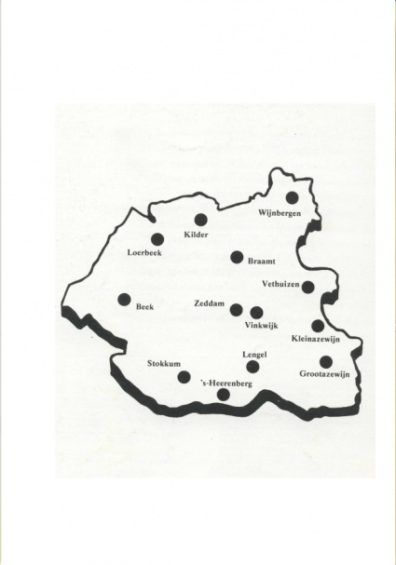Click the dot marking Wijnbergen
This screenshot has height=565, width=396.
292,197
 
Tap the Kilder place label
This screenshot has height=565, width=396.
198,235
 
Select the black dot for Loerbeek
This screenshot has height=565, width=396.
157,239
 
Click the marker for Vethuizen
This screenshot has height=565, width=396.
308,287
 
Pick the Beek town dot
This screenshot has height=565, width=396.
124,300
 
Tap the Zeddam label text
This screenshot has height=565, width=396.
211,303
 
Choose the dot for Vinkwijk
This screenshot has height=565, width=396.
257,313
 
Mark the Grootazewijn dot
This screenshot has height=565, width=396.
325,361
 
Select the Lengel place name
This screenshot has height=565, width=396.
255,355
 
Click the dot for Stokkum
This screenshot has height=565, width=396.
184,377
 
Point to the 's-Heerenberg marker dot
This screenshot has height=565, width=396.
223,395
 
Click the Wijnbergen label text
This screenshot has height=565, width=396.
280,213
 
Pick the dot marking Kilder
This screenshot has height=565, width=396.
200,220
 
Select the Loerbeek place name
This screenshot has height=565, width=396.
145,253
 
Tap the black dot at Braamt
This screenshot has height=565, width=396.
237,258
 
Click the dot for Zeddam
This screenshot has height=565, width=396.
237,310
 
